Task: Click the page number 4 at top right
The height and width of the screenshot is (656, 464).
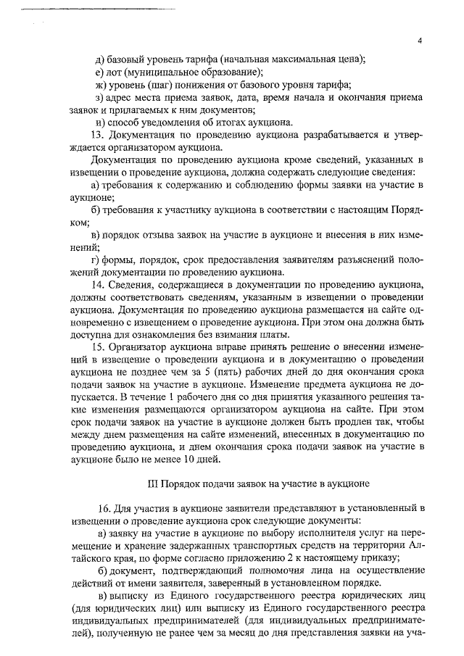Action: (420, 41)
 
